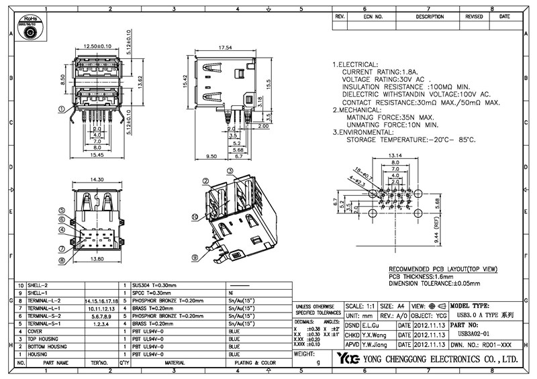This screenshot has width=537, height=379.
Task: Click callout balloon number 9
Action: (195, 256)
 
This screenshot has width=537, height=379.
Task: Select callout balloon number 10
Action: (195, 217)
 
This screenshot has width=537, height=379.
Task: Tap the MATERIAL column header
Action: (176, 362)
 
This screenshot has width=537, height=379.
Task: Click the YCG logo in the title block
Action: (348, 358)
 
